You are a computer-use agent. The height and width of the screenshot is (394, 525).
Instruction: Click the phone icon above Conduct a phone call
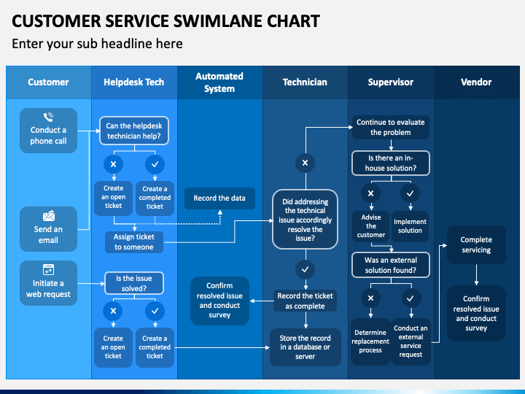[x=49, y=117]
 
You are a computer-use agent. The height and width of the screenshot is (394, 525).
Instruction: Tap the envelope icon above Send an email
[x=49, y=216]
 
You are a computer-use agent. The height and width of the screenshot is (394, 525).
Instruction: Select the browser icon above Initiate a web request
[x=49, y=270]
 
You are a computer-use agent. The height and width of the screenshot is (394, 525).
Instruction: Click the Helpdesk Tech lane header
[x=134, y=82]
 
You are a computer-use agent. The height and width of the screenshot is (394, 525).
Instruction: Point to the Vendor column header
[x=476, y=82]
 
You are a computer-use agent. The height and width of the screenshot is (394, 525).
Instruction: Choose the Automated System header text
[x=219, y=82]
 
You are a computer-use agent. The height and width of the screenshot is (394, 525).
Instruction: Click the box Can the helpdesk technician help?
[x=134, y=131]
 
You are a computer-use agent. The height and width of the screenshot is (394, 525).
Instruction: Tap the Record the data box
[x=219, y=198]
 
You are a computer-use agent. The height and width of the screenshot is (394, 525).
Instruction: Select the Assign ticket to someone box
[x=134, y=242]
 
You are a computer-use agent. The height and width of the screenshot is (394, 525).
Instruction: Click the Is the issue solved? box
[x=134, y=283]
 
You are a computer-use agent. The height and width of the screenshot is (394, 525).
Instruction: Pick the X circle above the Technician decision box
[x=305, y=163]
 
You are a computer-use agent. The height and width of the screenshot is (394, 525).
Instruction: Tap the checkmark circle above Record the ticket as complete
[x=305, y=269]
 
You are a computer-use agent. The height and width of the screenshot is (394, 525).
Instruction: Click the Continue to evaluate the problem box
[x=390, y=127]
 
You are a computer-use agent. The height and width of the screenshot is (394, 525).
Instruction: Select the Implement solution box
[x=410, y=226]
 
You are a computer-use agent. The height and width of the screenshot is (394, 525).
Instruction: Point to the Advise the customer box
[x=370, y=226]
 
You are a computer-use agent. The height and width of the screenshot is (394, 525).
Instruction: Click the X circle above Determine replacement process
[x=370, y=298]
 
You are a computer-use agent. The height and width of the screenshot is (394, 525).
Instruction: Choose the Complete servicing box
[x=476, y=244]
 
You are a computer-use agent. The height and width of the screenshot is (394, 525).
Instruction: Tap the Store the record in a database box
[x=306, y=347]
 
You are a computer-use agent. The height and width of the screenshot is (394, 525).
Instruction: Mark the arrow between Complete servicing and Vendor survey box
[x=476, y=275]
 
